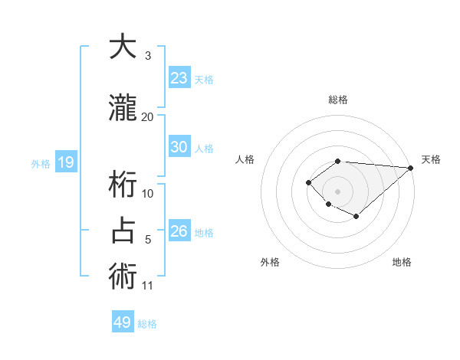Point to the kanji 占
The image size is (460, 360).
click(123, 231)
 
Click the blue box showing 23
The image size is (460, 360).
click(179, 78)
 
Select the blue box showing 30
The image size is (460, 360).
click(179, 147)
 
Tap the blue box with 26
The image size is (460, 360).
click(179, 231)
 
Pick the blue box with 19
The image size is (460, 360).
click(65, 162)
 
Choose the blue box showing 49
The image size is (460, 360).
click(123, 322)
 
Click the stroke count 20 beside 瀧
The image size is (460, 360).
click(148, 116)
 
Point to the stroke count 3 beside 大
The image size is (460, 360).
click(148, 56)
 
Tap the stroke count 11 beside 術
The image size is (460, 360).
click(148, 286)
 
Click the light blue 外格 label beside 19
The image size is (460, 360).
click(41, 163)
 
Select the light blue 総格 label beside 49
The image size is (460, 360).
click(147, 324)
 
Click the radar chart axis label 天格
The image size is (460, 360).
click(431, 159)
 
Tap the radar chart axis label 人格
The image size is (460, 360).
click(245, 159)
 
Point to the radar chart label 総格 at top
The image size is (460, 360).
click(338, 100)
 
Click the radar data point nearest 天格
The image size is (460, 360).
click(411, 169)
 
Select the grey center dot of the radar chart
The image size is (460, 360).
click(337, 191)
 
